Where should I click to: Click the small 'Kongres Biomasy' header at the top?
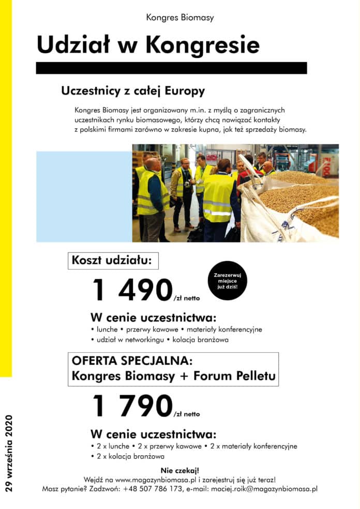179,18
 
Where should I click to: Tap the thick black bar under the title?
171,68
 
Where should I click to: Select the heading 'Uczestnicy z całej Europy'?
132,91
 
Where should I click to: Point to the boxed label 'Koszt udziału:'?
112,260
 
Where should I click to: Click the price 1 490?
132,290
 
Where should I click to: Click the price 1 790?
132,406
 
